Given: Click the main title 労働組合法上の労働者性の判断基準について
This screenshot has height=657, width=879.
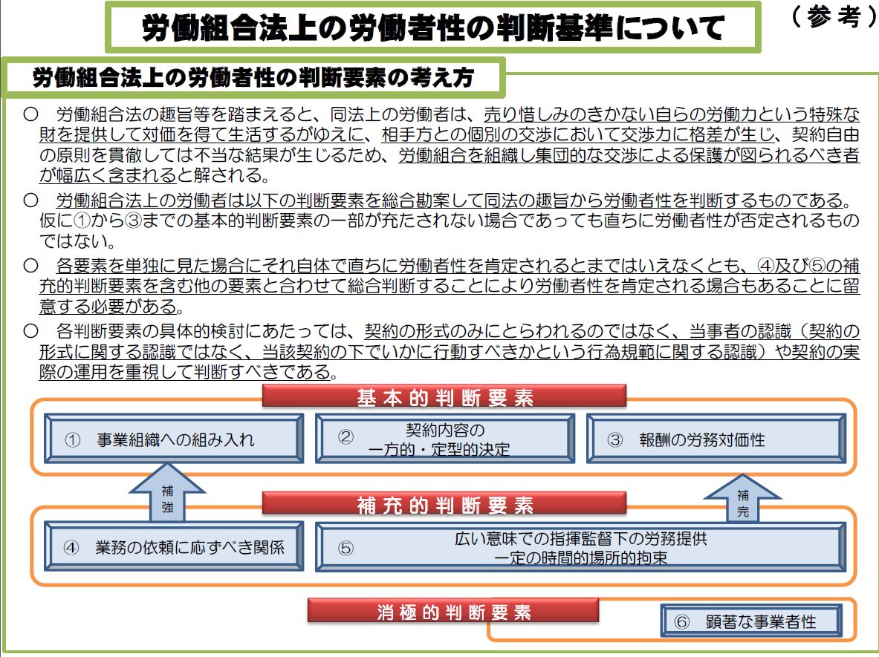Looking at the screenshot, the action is [x=432, y=27].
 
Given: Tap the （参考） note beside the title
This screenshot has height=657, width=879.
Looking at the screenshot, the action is [x=834, y=17].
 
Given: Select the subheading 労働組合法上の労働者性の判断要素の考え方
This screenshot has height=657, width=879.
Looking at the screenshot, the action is [x=253, y=77].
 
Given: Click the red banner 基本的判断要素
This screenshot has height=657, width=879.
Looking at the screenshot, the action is [x=444, y=396].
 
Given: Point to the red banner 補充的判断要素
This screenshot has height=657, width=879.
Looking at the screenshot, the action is [x=444, y=503].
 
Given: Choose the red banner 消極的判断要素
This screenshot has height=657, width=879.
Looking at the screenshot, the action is [x=453, y=611].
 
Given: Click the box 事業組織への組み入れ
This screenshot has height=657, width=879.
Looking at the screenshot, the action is [x=175, y=439].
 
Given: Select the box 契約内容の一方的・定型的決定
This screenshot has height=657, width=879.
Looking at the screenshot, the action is [x=445, y=439].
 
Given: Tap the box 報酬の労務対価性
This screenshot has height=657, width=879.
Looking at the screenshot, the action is [x=716, y=439].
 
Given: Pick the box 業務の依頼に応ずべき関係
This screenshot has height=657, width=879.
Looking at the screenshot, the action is [x=175, y=546].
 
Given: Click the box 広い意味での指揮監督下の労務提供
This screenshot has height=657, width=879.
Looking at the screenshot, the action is [x=581, y=547].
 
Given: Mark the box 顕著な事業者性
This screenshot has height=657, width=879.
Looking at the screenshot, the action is [x=751, y=621].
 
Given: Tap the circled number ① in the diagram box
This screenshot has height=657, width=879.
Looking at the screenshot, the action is [x=72, y=439].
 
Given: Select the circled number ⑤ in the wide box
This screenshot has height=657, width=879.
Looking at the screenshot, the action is [x=346, y=548].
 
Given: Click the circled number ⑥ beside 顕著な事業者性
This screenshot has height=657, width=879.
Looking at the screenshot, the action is [x=681, y=621].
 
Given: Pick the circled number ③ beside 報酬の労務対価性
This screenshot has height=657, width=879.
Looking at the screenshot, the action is [x=615, y=439].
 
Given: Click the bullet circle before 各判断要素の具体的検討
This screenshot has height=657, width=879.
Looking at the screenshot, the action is [x=30, y=330].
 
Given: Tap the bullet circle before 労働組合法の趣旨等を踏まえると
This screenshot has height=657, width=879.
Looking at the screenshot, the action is [x=30, y=114].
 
